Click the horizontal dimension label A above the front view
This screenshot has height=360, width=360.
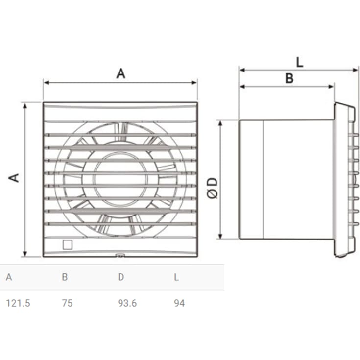120,73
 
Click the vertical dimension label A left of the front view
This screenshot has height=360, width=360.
15,177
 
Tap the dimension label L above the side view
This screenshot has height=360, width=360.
300,62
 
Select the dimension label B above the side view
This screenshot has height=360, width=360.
289,78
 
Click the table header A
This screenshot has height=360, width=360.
9,277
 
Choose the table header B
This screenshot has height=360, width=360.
65,277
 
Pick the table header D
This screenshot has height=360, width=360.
120,277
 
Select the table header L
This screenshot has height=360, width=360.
176,277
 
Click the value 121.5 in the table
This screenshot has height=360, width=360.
18,303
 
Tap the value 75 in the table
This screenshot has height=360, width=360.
67,303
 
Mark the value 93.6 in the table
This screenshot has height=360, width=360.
127,303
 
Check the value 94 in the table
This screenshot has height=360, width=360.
179,303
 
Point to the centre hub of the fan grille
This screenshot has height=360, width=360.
120,179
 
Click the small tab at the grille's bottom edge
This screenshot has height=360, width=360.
120,255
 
